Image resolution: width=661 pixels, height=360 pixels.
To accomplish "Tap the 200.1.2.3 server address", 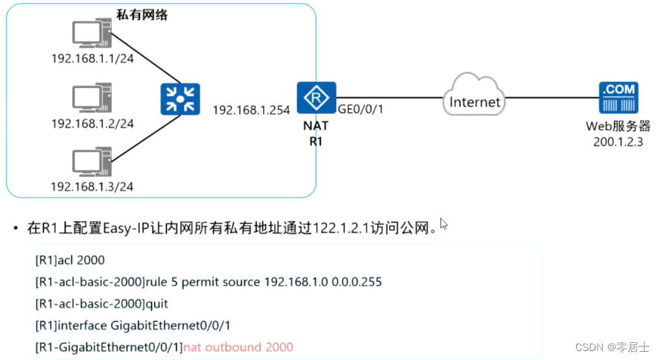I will click(x=618, y=140).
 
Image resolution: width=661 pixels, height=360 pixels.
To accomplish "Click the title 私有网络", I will click(x=142, y=15).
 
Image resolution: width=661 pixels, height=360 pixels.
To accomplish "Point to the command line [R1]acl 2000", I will click(x=70, y=260).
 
